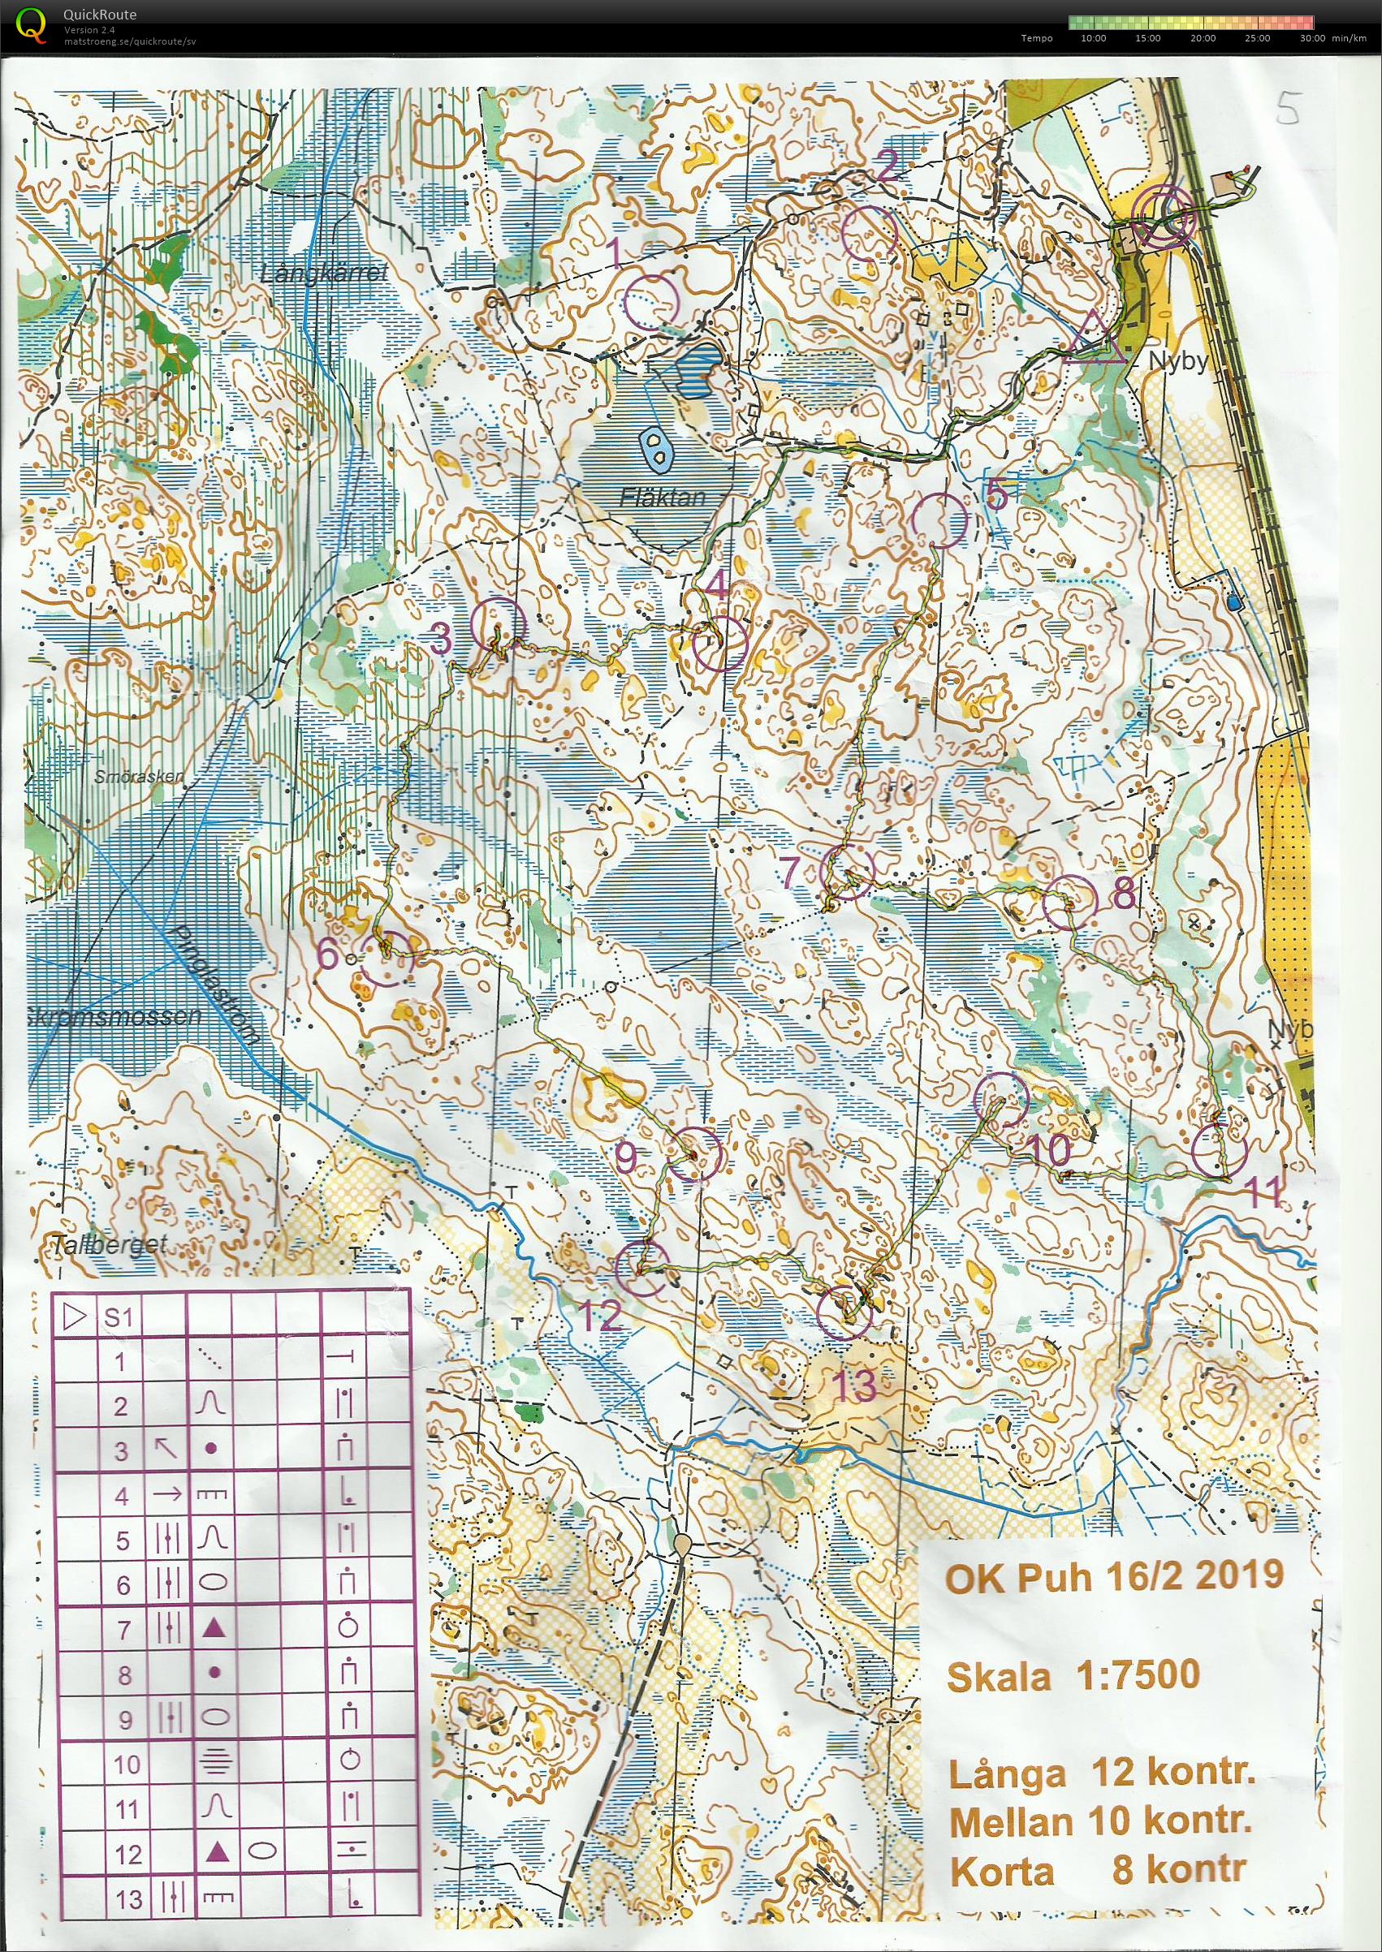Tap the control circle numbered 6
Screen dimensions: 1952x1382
386,958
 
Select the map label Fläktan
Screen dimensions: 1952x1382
663,497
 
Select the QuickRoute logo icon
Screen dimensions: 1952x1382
32,24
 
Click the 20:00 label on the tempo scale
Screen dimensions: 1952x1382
1203,38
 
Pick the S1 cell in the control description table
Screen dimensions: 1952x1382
119,1317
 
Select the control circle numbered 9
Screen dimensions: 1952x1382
695,1155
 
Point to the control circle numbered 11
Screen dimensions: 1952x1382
1219,1151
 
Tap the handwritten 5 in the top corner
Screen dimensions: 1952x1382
1289,108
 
